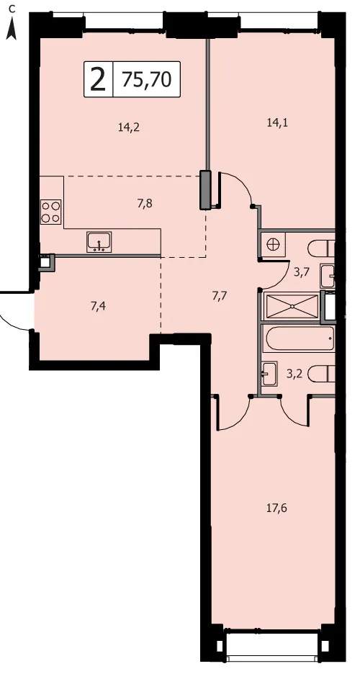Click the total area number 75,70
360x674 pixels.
point(146,79)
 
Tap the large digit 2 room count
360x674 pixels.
point(98,79)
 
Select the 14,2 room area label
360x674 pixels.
point(130,127)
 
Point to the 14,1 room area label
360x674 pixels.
point(277,123)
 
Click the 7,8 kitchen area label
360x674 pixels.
point(145,203)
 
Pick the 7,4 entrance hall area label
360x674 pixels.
point(99,306)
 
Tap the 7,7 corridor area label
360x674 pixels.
point(220,295)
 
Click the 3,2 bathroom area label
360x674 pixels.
point(294,373)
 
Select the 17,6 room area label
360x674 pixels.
point(277,508)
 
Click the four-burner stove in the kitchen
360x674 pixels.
point(50,212)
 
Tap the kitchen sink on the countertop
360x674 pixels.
point(99,241)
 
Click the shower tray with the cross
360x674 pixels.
point(292,306)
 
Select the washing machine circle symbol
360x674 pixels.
point(273,245)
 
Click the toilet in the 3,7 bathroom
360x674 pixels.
point(321,248)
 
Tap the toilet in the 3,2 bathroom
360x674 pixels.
point(321,374)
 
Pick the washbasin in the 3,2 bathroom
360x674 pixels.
point(270,373)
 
